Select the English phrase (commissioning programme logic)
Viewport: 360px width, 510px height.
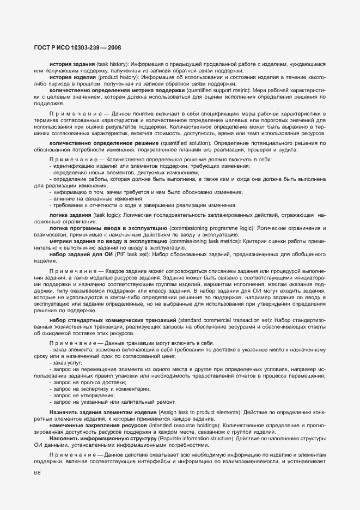pyautogui.click(x=210, y=227)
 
